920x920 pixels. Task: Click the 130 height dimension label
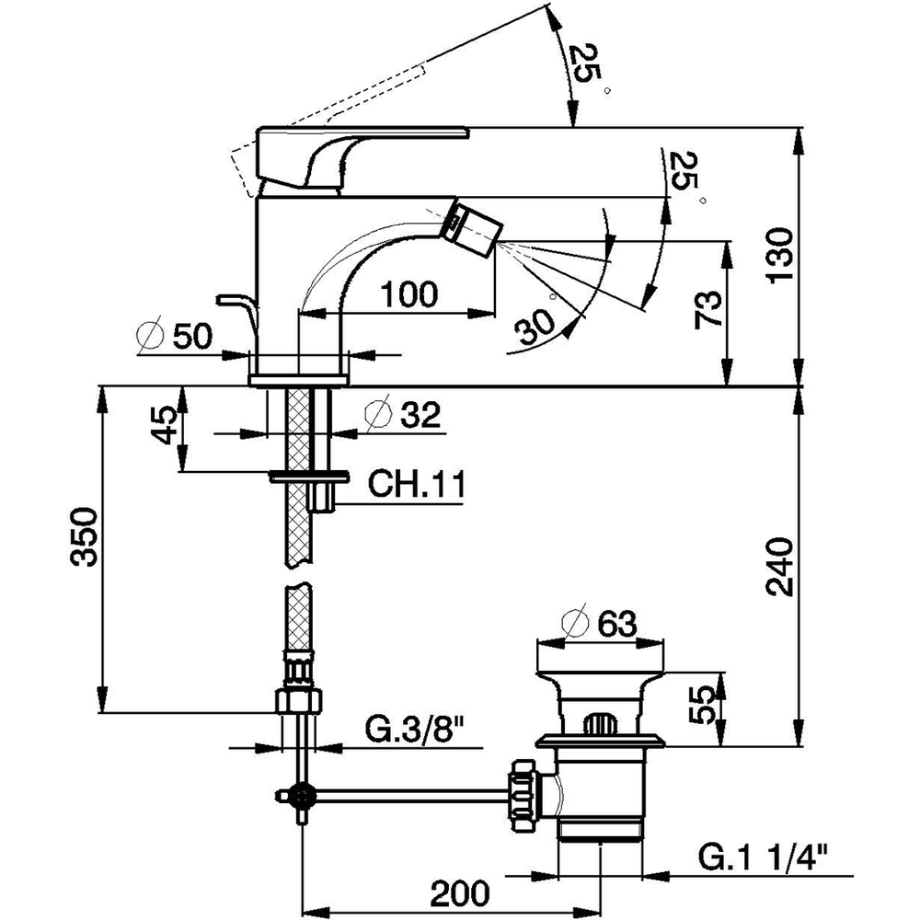click(x=781, y=256)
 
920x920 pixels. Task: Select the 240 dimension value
click(x=781, y=567)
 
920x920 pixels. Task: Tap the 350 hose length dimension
click(x=83, y=537)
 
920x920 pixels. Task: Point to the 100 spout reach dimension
click(x=409, y=293)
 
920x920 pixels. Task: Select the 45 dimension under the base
click(x=164, y=424)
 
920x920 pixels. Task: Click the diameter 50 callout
click(x=174, y=336)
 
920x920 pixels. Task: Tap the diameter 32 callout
click(x=403, y=415)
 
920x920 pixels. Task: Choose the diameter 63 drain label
click(x=599, y=623)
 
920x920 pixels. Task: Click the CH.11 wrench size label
click(x=417, y=485)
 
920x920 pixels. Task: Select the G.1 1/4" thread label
click(x=764, y=857)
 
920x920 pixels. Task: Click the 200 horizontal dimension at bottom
click(x=459, y=893)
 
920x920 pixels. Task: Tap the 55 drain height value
click(x=702, y=705)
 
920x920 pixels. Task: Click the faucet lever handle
click(x=362, y=157)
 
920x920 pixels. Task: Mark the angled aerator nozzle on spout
click(x=473, y=228)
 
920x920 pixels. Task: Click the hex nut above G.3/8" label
click(x=299, y=701)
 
